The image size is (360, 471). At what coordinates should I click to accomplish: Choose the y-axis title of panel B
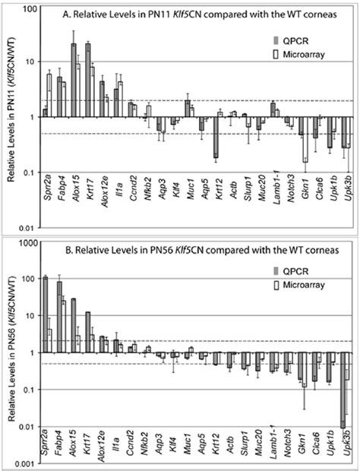pyautogui.click(x=9, y=353)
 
